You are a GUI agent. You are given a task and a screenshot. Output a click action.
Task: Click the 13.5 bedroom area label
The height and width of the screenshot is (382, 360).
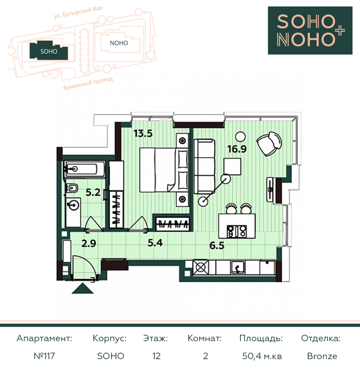click(143, 133)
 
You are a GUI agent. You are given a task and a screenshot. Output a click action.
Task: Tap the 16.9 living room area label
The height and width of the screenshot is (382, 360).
click(237, 149)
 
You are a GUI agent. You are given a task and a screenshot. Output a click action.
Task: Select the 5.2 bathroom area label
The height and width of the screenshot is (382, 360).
click(93, 192)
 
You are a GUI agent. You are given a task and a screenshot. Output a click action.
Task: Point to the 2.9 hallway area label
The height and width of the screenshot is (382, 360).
click(89, 243)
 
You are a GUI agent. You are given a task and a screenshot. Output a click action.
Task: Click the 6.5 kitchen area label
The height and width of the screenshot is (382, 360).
click(217, 245)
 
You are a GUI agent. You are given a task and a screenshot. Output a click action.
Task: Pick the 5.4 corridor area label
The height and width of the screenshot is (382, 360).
click(155, 243)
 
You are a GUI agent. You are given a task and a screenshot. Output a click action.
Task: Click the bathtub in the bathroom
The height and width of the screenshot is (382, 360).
click(84, 169)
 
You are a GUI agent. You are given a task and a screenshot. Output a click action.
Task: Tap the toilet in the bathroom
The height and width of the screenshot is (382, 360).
click(72, 188)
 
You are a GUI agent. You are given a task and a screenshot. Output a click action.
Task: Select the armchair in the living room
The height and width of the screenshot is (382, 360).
click(269, 144)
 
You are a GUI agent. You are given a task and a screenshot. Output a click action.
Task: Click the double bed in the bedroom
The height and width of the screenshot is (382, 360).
click(164, 170)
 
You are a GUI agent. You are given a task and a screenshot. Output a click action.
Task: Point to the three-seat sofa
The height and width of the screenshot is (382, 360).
click(204, 167)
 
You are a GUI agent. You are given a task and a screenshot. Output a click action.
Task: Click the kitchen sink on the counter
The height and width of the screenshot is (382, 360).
click(238, 267)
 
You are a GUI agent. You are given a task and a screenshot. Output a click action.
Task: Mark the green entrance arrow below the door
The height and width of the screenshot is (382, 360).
click(83, 288)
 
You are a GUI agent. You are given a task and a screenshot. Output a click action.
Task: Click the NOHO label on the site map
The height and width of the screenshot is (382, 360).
click(119, 43)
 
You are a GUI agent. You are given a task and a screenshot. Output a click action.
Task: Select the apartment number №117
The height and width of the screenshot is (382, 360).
click(44, 356)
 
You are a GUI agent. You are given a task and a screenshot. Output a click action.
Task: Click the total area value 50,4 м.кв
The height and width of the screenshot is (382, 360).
click(262, 356)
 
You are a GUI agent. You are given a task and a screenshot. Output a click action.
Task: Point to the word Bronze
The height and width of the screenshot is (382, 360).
click(322, 356)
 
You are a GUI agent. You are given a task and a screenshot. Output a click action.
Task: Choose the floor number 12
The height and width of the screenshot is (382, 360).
click(156, 356)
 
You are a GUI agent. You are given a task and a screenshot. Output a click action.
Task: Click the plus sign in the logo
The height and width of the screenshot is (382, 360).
click(339, 31)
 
